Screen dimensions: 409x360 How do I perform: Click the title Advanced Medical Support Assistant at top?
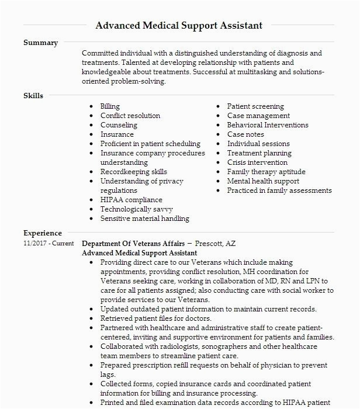[x=179, y=26]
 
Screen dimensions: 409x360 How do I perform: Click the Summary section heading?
[x=40, y=43]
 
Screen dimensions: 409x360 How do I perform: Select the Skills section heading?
[x=33, y=96]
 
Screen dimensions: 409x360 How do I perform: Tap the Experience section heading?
[x=43, y=233]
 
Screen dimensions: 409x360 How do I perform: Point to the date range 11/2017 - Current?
[x=49, y=244]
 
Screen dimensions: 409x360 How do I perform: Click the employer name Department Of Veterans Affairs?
[x=133, y=244]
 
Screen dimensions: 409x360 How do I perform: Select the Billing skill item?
[x=110, y=106]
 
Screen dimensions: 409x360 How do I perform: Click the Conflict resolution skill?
[x=130, y=116]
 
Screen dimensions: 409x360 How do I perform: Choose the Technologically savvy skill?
[x=137, y=209]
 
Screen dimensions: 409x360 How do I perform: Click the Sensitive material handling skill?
[x=145, y=219]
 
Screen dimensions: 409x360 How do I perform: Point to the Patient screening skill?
[x=255, y=106]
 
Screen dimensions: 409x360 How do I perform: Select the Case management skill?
[x=258, y=116]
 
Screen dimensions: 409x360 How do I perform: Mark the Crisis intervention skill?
[x=257, y=162]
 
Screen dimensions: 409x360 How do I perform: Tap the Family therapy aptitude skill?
[x=266, y=172]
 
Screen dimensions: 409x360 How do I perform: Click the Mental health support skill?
[x=263, y=181]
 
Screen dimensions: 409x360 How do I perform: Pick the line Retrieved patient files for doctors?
[x=156, y=318]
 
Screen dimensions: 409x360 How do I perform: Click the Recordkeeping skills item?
[x=134, y=172]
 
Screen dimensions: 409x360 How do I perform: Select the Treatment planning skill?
[x=259, y=153]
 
